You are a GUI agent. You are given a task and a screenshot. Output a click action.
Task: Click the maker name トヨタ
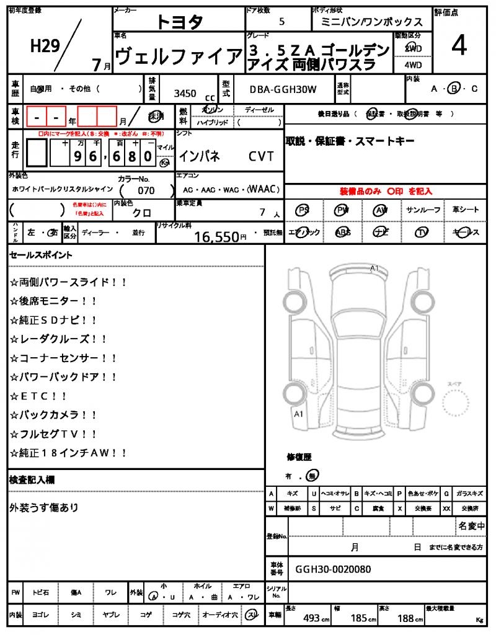pyautogui.click(x=179, y=22)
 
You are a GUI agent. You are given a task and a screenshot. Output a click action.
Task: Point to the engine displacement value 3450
pyautogui.click(x=185, y=94)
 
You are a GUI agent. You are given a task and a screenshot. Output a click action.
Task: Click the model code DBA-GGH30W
pyautogui.click(x=283, y=89)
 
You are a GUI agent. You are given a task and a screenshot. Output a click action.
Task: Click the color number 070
pyautogui.click(x=146, y=190)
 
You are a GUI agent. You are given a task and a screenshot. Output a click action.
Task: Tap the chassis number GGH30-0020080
pyautogui.click(x=333, y=569)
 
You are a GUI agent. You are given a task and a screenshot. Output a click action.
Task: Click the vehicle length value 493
pyautogui.click(x=311, y=618)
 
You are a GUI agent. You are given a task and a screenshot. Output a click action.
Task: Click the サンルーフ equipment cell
pyautogui.click(x=423, y=210)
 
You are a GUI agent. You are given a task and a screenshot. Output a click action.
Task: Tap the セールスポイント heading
pyautogui.click(x=41, y=255)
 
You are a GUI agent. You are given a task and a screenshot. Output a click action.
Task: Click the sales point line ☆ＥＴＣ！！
pyautogui.click(x=38, y=396)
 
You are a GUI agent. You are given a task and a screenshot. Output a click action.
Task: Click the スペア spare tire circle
pyautogui.click(x=458, y=406)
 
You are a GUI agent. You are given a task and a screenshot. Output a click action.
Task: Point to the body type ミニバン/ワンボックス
pyautogui.click(x=371, y=22)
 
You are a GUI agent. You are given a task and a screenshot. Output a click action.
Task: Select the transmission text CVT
pyautogui.click(x=261, y=156)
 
